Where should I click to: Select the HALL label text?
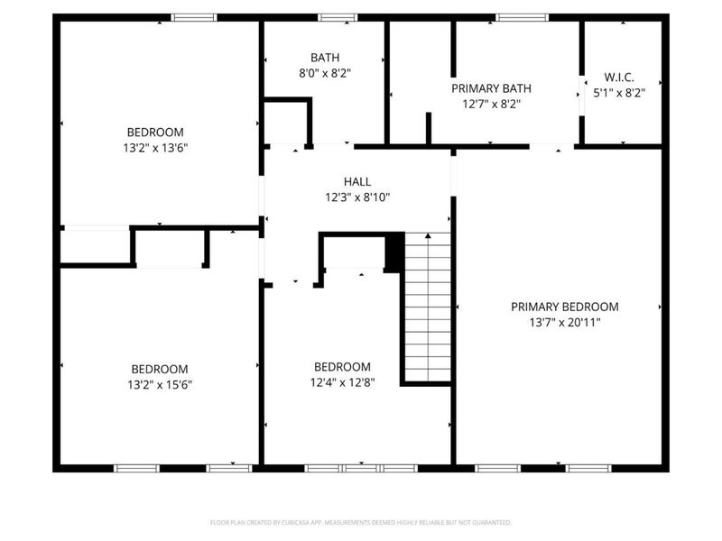coord(357,181)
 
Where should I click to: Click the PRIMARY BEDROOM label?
coord(564,307)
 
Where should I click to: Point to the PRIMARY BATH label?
coord(491,88)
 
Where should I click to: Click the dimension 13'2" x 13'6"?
coord(155,147)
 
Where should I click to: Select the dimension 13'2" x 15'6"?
coord(160,384)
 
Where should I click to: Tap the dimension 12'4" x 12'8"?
coord(342,381)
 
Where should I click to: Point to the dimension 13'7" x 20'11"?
coord(564,322)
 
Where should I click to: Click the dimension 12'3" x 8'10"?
coord(357,197)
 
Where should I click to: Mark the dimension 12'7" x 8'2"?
coord(491,104)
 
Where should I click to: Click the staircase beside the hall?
coord(427,307)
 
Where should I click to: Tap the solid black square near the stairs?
coord(394,252)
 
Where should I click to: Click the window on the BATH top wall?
coord(338,17)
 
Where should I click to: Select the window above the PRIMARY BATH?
coord(523,17)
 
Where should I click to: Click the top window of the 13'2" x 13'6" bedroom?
coord(194,17)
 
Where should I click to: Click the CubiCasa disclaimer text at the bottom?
coord(360,522)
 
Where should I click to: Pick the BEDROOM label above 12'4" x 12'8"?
coord(342,366)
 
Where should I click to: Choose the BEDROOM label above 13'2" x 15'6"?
coord(160,369)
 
